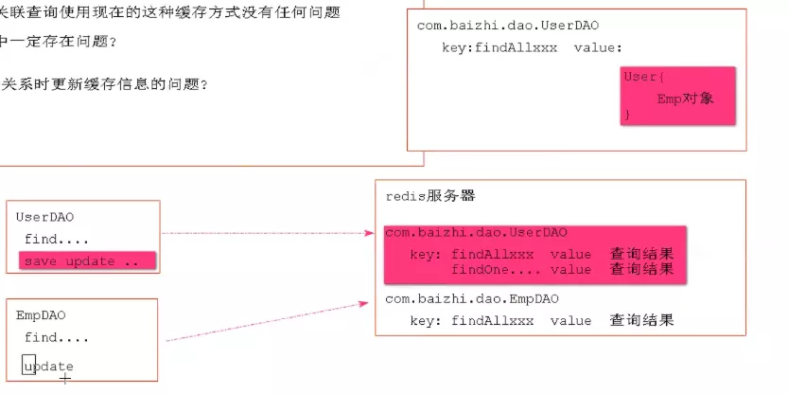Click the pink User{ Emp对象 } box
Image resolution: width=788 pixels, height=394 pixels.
tap(677, 94)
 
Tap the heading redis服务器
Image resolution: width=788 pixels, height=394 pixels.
tap(430, 196)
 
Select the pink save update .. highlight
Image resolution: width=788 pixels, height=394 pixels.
tap(86, 261)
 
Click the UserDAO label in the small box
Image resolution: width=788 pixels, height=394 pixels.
tap(44, 217)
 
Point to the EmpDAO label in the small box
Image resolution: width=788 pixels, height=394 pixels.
tap(41, 315)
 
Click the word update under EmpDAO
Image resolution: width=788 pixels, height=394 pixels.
tap(48, 366)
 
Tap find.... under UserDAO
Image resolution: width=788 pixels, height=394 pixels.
tap(57, 240)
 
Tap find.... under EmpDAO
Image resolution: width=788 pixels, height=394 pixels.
tap(57, 337)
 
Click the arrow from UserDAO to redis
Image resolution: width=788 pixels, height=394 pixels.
tap(265, 232)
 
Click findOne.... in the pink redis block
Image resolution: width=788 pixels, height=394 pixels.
tap(495, 269)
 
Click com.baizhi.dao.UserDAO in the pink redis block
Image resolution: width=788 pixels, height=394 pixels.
tap(476, 232)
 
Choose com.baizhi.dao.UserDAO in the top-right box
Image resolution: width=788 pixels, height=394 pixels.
tap(507, 25)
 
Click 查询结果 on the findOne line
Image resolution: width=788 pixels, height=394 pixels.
tap(642, 269)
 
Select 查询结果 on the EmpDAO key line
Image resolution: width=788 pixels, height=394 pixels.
tap(642, 320)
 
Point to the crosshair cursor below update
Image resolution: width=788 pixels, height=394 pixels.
tap(64, 378)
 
